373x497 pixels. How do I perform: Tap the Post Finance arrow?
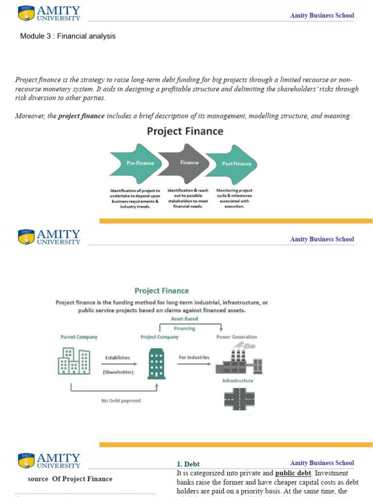[236, 164]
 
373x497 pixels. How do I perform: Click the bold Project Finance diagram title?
[185, 131]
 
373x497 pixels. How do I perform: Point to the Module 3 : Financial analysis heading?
[68, 36]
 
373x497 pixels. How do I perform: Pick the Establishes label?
[118, 358]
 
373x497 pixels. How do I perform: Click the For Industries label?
[194, 357]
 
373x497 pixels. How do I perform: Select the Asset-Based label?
[184, 319]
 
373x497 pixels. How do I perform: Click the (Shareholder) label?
[118, 372]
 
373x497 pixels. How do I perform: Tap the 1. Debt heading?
[188, 464]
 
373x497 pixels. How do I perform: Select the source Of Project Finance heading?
[70, 479]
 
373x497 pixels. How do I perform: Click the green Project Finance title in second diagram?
[162, 291]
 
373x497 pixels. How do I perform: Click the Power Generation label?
[237, 337]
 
